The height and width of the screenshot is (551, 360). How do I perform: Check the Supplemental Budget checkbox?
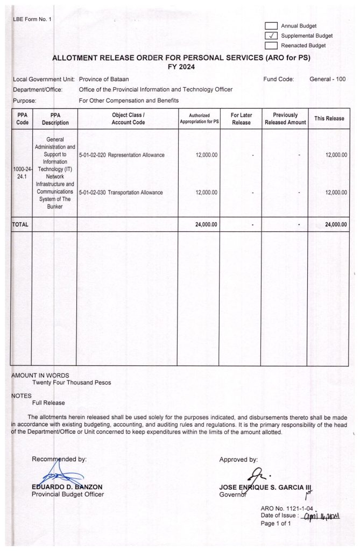click(271, 36)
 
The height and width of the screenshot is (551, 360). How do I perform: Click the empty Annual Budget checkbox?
click(271, 26)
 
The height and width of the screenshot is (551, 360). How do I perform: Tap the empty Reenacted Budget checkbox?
click(271, 46)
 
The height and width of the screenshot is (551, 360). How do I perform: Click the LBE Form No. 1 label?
click(32, 20)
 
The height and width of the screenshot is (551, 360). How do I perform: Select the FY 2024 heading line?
click(181, 67)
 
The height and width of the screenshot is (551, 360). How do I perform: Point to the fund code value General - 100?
click(327, 79)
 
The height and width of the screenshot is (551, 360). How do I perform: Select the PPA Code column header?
click(23, 119)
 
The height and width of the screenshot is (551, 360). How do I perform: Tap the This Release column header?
click(329, 118)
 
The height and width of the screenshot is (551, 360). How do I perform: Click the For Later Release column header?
click(241, 119)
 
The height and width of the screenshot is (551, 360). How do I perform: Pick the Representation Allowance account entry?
click(122, 155)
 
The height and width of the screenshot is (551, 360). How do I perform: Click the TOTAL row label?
click(20, 224)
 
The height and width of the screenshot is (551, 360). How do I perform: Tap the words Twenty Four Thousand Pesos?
click(72, 383)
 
